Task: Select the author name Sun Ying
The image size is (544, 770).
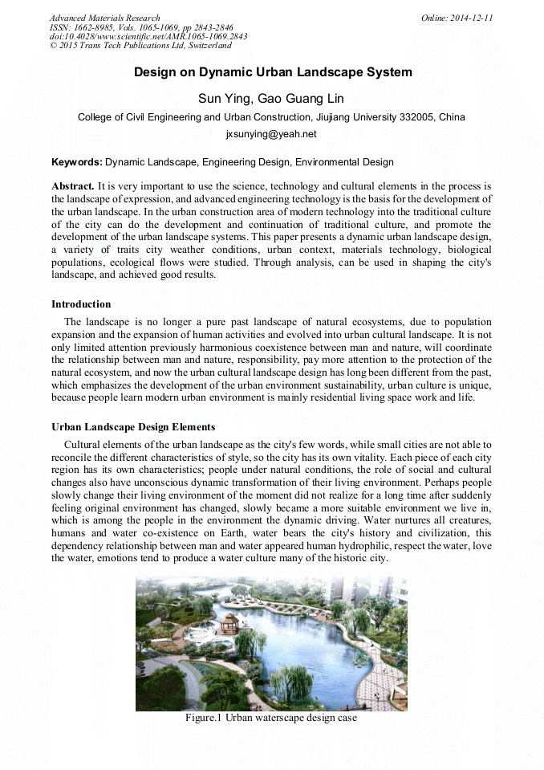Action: (x=223, y=99)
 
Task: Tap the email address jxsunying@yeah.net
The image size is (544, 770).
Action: (x=271, y=134)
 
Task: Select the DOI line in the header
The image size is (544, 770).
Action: (x=148, y=36)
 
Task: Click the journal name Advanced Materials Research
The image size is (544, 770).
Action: (x=104, y=18)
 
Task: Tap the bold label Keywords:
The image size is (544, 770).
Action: (x=77, y=162)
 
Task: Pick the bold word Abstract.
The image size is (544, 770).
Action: (x=73, y=185)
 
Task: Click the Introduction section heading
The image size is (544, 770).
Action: (x=81, y=304)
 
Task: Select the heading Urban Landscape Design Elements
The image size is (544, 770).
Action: (x=133, y=427)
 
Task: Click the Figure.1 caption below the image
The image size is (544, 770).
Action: (x=271, y=718)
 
